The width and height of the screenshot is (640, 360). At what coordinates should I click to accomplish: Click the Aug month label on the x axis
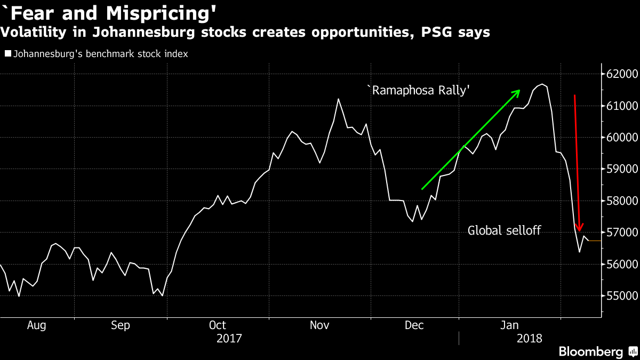(36, 325)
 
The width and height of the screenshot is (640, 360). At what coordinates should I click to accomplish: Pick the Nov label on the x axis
(319, 325)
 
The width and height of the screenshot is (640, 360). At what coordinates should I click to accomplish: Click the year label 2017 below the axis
(229, 338)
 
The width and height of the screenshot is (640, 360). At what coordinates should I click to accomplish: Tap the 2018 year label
(530, 338)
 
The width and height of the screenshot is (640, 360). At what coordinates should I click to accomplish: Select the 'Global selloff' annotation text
(505, 230)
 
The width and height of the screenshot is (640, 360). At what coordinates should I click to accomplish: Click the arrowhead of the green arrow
(517, 92)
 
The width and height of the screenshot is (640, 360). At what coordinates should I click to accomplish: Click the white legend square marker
(7, 54)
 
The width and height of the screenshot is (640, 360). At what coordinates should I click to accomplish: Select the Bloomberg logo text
(590, 351)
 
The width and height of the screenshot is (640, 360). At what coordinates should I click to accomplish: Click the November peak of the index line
(338, 99)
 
